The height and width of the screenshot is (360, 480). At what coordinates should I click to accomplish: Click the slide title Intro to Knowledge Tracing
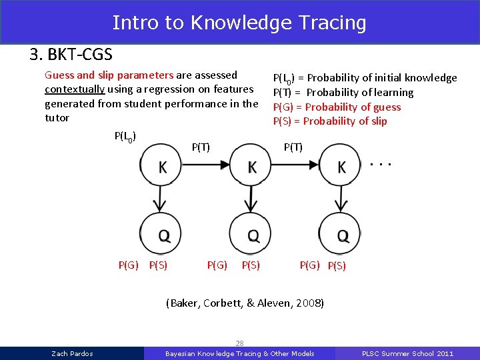pyautogui.click(x=239, y=22)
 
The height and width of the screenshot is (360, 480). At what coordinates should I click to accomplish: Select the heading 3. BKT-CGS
pyautogui.click(x=71, y=54)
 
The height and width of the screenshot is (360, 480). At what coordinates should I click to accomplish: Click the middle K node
pyautogui.click(x=251, y=167)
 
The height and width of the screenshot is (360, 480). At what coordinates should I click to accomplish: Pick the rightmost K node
pyautogui.click(x=341, y=167)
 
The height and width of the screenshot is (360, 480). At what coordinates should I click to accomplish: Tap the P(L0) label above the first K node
pyautogui.click(x=125, y=137)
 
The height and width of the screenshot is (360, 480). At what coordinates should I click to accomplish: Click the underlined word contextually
pyautogui.click(x=73, y=89)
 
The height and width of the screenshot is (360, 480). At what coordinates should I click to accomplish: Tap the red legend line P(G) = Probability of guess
pyautogui.click(x=337, y=107)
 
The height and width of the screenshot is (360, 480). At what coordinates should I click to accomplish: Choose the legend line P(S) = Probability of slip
pyautogui.click(x=330, y=121)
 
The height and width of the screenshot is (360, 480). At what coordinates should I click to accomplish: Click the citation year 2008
pyautogui.click(x=309, y=303)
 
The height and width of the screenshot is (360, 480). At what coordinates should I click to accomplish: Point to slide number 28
pyautogui.click(x=239, y=343)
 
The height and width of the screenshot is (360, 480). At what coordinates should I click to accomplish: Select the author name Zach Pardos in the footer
pyautogui.click(x=72, y=353)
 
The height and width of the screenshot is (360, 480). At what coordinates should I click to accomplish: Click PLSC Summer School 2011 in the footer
pyautogui.click(x=407, y=353)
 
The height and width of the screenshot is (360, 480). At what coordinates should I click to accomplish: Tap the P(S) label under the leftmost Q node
pyautogui.click(x=158, y=265)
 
